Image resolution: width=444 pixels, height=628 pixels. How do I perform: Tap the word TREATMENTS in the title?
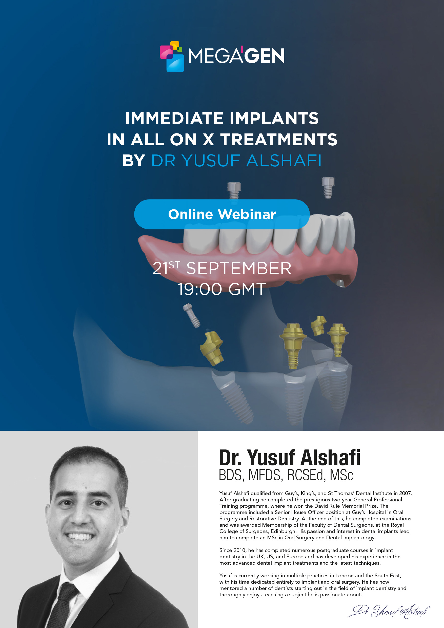point(279,140)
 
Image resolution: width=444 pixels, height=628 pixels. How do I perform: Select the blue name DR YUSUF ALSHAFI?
point(236,161)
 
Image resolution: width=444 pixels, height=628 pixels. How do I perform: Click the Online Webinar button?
point(222,214)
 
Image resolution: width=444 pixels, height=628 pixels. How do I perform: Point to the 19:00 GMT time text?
point(222,289)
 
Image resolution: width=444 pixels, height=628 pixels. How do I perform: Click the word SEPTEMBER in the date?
point(239,268)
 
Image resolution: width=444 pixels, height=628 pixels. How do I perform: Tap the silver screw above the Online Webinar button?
point(234,191)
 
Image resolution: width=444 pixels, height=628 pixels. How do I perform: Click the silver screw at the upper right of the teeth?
point(328,188)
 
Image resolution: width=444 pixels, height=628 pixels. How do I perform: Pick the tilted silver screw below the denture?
point(192,315)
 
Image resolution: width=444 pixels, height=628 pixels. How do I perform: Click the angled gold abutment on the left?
point(212,348)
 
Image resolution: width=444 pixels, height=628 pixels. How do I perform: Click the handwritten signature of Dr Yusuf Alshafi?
point(389,611)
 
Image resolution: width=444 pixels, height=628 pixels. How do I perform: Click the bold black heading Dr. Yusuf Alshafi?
point(290,458)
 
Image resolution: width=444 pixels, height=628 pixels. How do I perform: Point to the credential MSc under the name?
point(341,475)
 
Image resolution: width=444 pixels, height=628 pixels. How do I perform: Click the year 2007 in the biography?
point(405,493)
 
